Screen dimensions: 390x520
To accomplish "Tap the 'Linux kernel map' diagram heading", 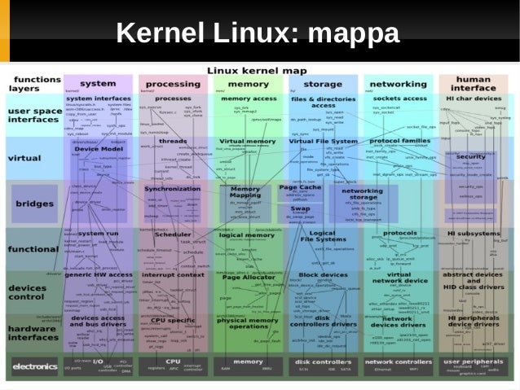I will pyautogui.click(x=258, y=71).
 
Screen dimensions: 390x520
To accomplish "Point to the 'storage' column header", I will pyautogui.click(x=323, y=84).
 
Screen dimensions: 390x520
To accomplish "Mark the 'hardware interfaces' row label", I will pyautogui.click(x=33, y=330).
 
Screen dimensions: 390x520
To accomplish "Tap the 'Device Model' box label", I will pyautogui.click(x=98, y=150).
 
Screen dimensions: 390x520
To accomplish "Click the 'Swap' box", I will pyautogui.click(x=301, y=208).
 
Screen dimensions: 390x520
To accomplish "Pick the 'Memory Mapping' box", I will pyautogui.click(x=245, y=192).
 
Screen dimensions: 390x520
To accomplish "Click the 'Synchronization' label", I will pyautogui.click(x=173, y=189).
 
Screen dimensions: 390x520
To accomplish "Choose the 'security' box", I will pyautogui.click(x=470, y=156).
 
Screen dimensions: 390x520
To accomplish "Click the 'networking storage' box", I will pyautogui.click(x=362, y=195).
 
